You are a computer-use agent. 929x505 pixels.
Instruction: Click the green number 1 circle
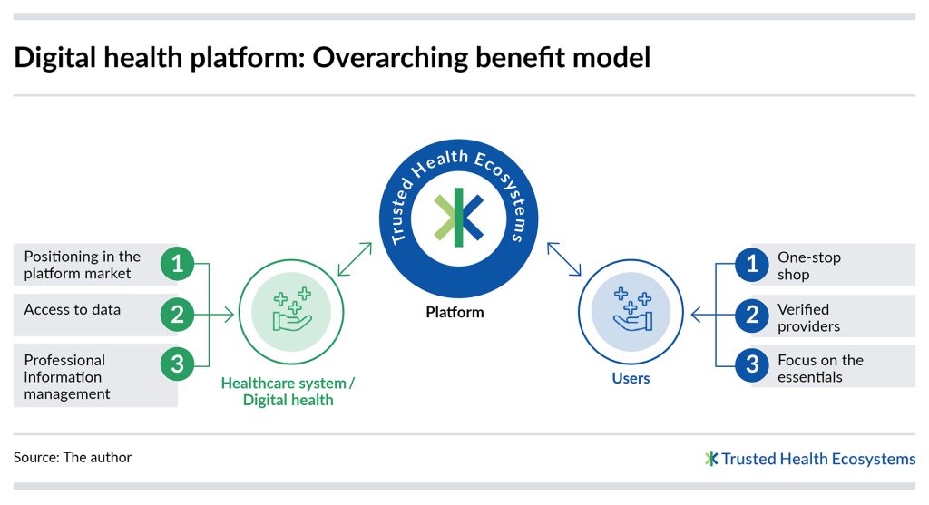click(x=178, y=264)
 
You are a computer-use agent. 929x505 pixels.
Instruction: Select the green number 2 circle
click(x=178, y=315)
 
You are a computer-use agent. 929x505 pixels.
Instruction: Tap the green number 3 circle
click(x=178, y=365)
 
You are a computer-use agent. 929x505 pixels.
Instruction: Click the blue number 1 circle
click(x=751, y=264)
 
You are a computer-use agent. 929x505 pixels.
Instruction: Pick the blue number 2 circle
click(x=751, y=315)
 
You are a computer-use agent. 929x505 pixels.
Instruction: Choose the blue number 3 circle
click(x=751, y=365)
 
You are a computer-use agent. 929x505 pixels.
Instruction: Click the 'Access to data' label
click(x=72, y=309)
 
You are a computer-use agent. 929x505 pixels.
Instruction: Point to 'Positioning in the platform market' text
click(x=82, y=265)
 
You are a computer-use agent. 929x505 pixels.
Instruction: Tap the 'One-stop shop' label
click(x=808, y=266)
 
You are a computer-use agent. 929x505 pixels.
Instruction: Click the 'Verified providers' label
click(x=808, y=317)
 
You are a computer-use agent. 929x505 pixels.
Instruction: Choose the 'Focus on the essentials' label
click(x=819, y=368)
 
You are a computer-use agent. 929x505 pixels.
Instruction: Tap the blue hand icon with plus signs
click(x=631, y=308)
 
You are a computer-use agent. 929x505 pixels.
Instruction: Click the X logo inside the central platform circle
click(x=458, y=218)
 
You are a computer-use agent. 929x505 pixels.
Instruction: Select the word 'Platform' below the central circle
click(x=455, y=312)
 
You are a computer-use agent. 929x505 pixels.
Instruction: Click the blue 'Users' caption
click(x=631, y=378)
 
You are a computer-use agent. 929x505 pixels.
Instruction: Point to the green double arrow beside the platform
click(x=354, y=259)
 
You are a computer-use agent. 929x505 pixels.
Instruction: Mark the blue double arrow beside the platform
click(x=563, y=259)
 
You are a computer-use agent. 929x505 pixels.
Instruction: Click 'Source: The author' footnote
click(x=73, y=458)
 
